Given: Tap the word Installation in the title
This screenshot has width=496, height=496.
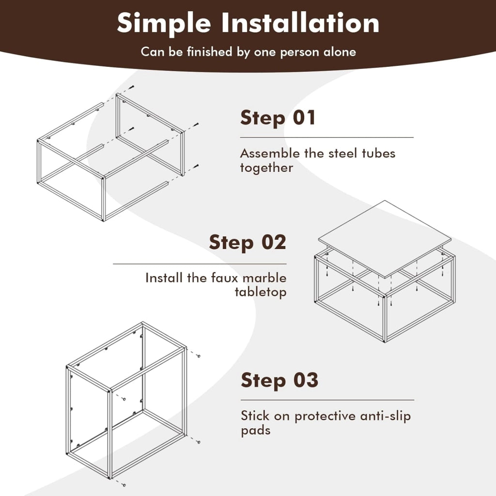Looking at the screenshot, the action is click(x=300, y=23).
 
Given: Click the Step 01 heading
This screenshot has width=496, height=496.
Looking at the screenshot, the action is click(x=278, y=118).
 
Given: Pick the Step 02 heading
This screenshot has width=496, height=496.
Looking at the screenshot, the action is click(x=248, y=243).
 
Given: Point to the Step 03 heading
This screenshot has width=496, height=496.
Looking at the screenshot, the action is click(x=279, y=380).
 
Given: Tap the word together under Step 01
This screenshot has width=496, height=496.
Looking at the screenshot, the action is click(x=266, y=168).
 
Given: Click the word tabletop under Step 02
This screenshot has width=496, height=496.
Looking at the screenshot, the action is click(x=261, y=292).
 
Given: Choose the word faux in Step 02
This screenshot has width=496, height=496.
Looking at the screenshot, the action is click(x=224, y=278).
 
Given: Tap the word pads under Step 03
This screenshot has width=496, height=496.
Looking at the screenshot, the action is click(x=256, y=431).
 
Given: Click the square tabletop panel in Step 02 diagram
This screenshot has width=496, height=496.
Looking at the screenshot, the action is click(x=385, y=239).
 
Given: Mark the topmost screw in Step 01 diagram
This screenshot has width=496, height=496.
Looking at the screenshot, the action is click(x=132, y=87).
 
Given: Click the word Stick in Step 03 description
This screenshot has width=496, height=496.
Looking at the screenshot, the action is click(x=255, y=416).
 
